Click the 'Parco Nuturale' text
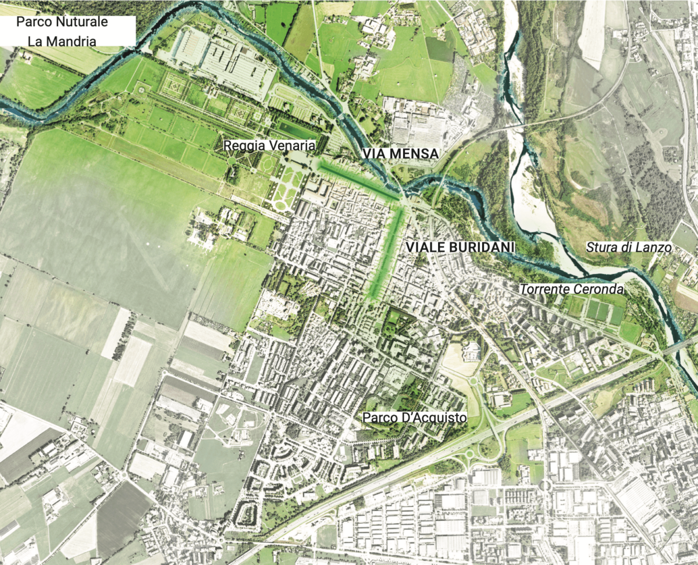coord(62,23)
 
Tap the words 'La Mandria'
coord(62,41)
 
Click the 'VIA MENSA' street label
coord(399,153)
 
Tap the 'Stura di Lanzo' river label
coord(629,248)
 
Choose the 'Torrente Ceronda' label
coord(572,289)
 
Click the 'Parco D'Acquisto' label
coord(406,417)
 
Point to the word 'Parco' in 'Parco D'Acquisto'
coord(377,417)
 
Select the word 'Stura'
coord(600,248)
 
